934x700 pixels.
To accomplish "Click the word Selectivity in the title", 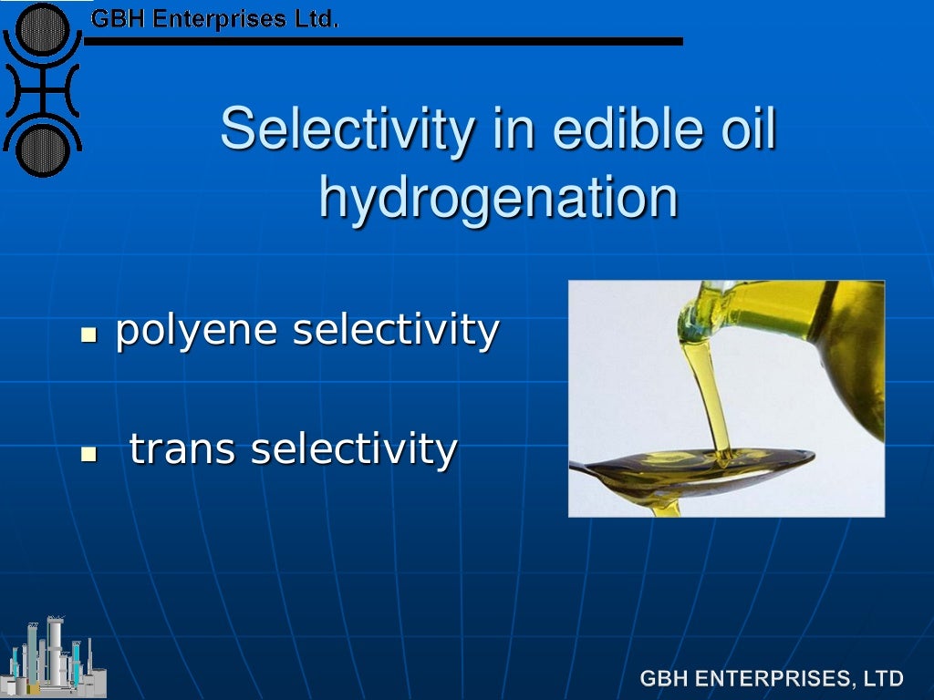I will [x=348, y=129].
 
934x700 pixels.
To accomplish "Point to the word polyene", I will [x=196, y=330].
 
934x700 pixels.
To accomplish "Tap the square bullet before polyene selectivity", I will [x=88, y=335].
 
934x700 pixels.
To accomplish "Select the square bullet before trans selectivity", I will [x=88, y=453].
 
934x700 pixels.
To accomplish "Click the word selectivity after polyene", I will [x=395, y=330].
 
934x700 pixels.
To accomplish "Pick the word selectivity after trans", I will [x=354, y=448].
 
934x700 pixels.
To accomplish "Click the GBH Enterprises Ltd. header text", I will [x=214, y=18].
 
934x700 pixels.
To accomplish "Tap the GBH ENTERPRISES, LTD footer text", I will [x=772, y=678].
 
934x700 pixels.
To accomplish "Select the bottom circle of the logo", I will [x=41, y=149].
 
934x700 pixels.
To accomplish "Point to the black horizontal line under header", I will [x=383, y=41].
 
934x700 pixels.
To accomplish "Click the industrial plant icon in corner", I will [x=55, y=656].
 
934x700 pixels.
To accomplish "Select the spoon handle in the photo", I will [x=593, y=468].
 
